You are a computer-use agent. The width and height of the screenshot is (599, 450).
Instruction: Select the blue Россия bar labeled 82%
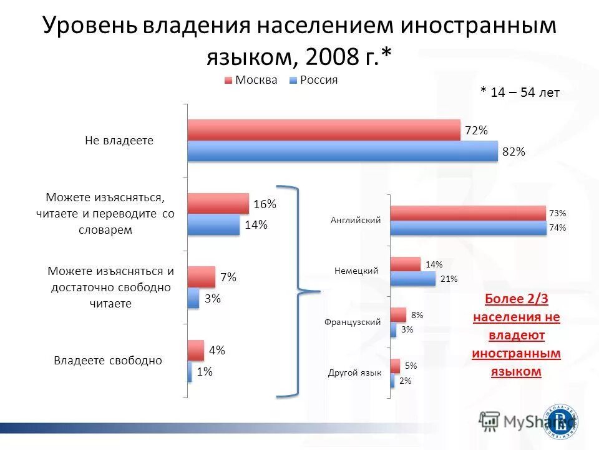click(x=343, y=151)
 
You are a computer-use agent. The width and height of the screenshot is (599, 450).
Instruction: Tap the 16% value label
click(x=265, y=204)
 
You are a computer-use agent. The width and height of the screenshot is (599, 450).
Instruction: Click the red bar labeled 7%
click(x=201, y=277)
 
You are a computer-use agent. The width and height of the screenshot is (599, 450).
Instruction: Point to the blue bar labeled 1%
click(x=190, y=372)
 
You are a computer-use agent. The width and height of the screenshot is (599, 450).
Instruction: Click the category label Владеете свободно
click(x=108, y=361)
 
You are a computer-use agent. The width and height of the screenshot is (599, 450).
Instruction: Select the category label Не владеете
click(x=119, y=141)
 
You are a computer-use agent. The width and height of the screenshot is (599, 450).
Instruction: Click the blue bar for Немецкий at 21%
click(x=412, y=279)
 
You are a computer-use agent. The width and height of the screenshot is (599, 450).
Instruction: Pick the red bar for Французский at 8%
click(x=398, y=315)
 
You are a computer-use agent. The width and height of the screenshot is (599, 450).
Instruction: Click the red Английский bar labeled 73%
click(x=467, y=213)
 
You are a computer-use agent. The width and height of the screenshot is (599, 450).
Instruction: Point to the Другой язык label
click(x=354, y=372)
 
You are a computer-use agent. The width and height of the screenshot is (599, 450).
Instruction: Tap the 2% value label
click(x=405, y=380)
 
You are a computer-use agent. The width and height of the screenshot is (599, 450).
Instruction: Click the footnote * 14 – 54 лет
click(x=520, y=92)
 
